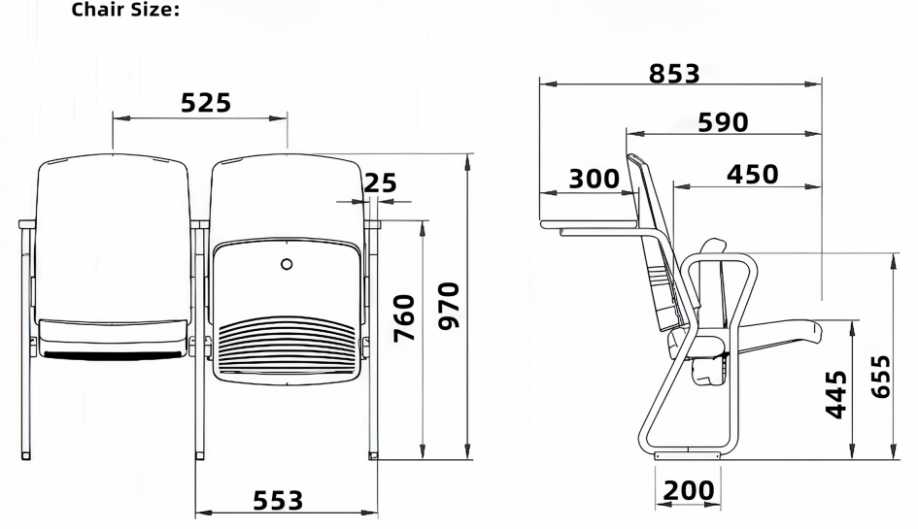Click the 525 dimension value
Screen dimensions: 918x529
pyautogui.click(x=206, y=103)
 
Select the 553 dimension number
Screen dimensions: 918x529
pyautogui.click(x=278, y=501)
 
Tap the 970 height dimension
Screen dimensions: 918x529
pyautogui.click(x=450, y=306)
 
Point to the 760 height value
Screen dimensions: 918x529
pyautogui.click(x=404, y=317)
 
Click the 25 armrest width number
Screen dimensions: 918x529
pyautogui.click(x=381, y=183)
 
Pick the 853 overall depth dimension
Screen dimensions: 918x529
pyautogui.click(x=674, y=74)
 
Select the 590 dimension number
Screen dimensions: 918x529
pyautogui.click(x=723, y=122)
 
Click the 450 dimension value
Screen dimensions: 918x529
pyautogui.click(x=752, y=175)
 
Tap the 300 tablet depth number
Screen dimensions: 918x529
pyautogui.click(x=594, y=179)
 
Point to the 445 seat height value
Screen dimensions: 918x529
pyautogui.click(x=836, y=394)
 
